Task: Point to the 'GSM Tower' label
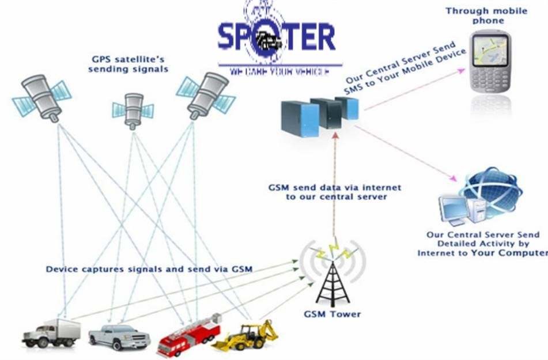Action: click(x=332, y=314)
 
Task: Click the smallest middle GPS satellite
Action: click(x=133, y=109)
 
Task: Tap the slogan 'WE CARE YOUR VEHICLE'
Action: click(x=279, y=72)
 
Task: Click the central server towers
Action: click(x=320, y=115)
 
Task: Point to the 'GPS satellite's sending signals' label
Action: click(x=130, y=63)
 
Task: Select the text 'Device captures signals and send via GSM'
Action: click(x=149, y=269)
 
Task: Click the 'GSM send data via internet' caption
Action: click(x=335, y=192)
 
